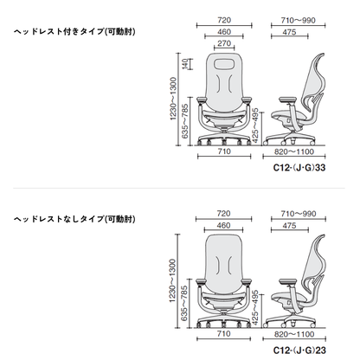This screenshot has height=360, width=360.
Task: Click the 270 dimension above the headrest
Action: (224, 43)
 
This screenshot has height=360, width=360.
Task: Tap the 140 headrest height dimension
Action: (185, 64)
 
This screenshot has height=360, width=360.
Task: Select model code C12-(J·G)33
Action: (299, 168)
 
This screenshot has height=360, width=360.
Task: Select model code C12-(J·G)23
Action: (299, 350)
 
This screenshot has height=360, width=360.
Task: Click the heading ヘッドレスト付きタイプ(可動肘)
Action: (74, 31)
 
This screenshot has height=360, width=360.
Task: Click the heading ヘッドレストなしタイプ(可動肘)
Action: (74, 219)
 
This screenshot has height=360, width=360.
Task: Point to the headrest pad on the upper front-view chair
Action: (224, 63)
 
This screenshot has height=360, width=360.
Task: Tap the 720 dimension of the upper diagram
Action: (224, 20)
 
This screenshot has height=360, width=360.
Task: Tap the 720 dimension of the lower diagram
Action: (223, 214)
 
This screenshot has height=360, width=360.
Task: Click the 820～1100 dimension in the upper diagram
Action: (294, 151)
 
